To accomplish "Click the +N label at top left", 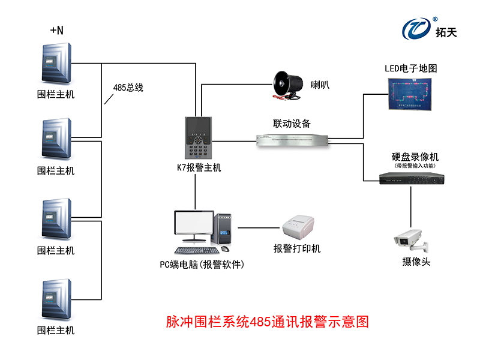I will (x=56, y=30).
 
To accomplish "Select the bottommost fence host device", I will (x=57, y=299).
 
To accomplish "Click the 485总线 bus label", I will (x=128, y=87).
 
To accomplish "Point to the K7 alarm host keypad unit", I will (x=198, y=137).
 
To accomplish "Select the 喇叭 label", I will (x=320, y=85).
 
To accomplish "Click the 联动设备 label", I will (x=292, y=124).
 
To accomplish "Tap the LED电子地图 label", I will (x=411, y=68).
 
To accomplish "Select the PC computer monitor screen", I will (x=193, y=225).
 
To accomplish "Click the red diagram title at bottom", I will (x=267, y=322).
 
